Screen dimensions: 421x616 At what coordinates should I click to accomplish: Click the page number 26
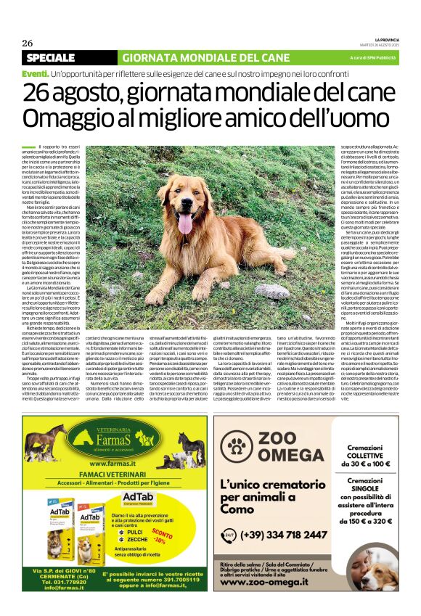(x=28, y=42)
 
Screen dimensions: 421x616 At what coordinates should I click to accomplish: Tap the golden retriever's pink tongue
(x=186, y=224)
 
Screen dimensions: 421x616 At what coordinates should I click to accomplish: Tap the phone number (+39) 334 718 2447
(x=285, y=535)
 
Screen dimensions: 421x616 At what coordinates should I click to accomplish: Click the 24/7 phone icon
(x=228, y=535)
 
